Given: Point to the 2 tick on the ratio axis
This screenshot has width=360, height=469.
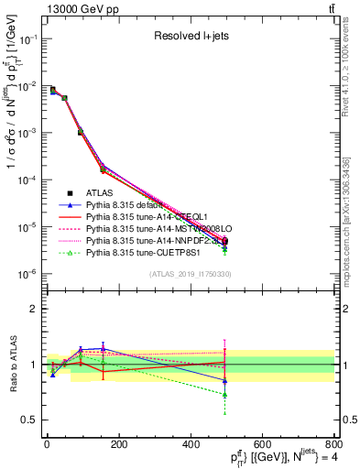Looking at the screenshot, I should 33,309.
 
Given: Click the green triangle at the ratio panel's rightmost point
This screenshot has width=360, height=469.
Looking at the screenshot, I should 225,395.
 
